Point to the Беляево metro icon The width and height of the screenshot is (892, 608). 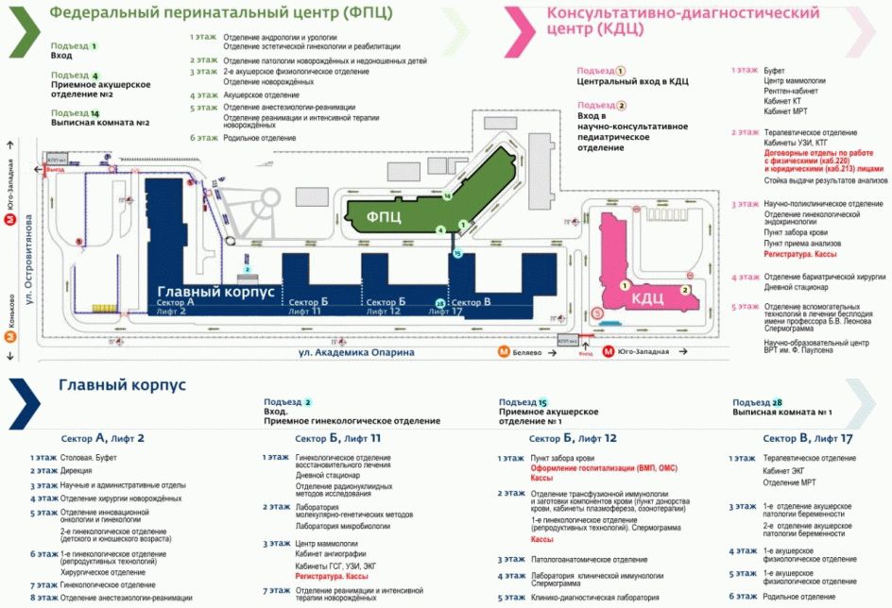coord(505,352)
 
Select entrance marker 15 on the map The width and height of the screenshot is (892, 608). coord(457,253)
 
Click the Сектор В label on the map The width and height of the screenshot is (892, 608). coord(474,301)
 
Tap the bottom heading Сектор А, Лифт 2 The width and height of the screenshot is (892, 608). coord(105,438)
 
